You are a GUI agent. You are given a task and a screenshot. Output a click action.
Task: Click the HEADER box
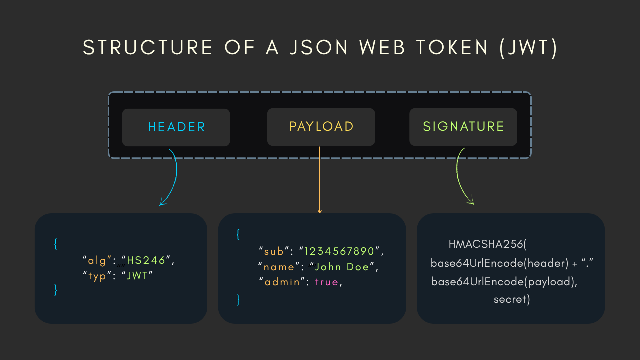[x=176, y=127]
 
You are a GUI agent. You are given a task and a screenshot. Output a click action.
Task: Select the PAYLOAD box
[x=321, y=127]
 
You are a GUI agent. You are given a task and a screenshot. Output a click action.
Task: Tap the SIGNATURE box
[x=463, y=127]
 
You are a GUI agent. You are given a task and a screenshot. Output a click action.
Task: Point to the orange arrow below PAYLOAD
[x=320, y=180]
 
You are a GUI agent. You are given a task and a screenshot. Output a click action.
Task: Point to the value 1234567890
[x=342, y=250]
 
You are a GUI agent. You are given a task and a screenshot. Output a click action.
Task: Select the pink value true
[x=326, y=282]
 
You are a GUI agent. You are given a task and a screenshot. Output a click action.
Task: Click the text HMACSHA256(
[x=488, y=244]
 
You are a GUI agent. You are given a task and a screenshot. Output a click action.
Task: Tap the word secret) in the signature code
[x=511, y=300]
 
